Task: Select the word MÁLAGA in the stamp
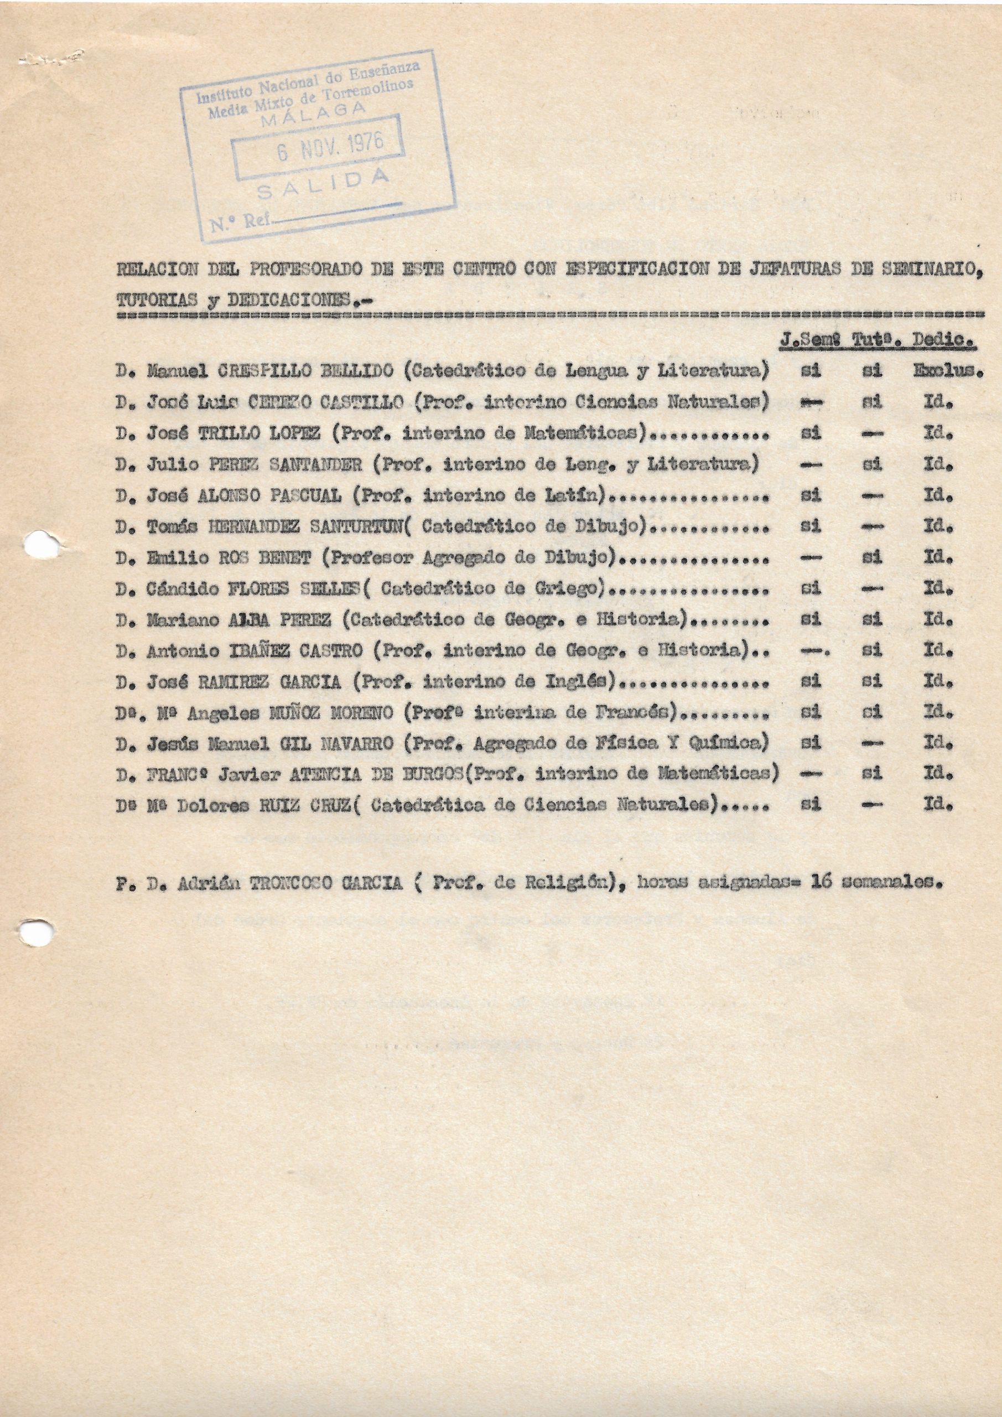coord(313,113)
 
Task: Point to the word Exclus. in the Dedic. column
coord(948,371)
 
